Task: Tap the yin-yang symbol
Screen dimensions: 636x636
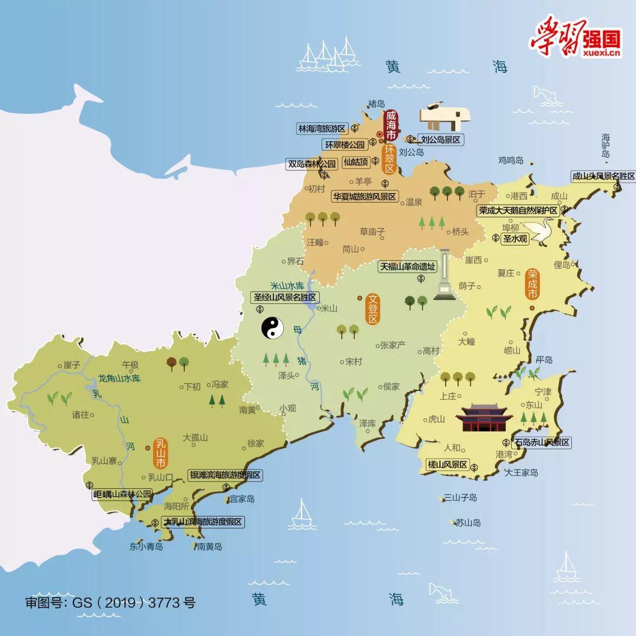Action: point(273,329)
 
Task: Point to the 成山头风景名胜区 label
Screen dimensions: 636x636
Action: point(604,176)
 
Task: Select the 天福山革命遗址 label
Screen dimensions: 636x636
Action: point(408,266)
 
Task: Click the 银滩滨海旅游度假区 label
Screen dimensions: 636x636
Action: point(225,475)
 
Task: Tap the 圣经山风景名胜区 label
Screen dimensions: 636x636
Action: point(285,297)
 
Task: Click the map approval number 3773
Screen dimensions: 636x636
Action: point(165,602)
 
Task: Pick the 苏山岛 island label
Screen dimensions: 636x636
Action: point(468,522)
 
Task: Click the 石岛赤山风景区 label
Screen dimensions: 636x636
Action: point(542,442)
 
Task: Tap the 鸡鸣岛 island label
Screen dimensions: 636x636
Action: point(511,160)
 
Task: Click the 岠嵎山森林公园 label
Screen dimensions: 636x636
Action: point(122,494)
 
